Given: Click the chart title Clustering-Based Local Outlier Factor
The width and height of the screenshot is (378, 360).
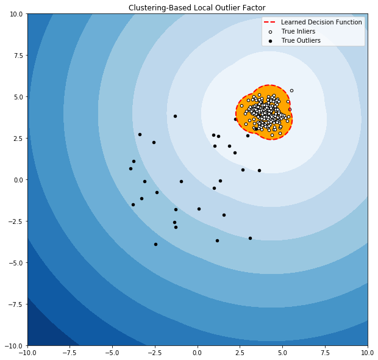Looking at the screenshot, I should (197, 8).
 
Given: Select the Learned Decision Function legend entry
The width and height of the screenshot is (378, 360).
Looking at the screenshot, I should (321, 22).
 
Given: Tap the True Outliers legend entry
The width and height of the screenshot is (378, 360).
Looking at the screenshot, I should (301, 40).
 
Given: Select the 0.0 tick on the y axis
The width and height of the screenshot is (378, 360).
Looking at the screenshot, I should (18, 179).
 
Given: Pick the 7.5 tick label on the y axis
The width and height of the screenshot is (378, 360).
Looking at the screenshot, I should (18, 55).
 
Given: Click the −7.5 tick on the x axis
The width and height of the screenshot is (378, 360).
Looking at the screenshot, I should (70, 353).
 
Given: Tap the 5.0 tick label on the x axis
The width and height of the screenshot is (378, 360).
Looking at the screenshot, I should (282, 353).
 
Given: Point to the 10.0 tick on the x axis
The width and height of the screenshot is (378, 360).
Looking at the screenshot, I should (367, 353).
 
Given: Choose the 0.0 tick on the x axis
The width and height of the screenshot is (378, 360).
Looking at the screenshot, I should (198, 353).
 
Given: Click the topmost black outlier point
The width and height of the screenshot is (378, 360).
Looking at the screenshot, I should (175, 116).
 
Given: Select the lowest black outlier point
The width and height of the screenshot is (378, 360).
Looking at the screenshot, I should (155, 244).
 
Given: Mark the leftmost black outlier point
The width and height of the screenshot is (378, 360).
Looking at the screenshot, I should (130, 168).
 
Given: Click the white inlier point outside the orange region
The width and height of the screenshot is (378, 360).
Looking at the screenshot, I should (291, 90).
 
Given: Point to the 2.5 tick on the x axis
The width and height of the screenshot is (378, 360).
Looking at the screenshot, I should (240, 353).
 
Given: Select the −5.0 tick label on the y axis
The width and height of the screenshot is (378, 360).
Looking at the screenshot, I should (16, 262).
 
